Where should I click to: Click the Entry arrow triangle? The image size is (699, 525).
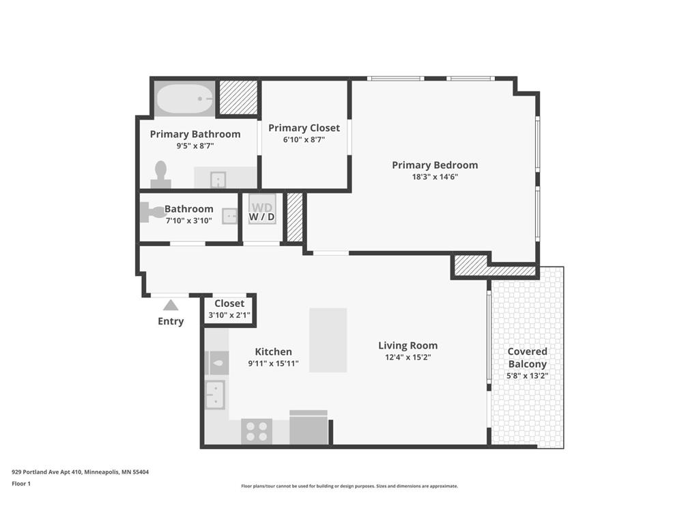coord(171,306)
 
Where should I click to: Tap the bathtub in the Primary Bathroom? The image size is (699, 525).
coord(184,99)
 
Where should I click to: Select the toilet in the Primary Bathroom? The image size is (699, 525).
coord(161,174)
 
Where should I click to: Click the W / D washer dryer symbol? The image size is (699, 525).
coord(261,210)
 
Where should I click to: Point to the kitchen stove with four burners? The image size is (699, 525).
coord(257,431)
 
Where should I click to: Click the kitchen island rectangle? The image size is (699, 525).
coord(328,340)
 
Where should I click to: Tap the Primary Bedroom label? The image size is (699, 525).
coord(435,165)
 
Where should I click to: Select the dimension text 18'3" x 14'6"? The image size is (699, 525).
coord(435,177)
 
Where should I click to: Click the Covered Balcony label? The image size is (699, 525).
coord(527,358)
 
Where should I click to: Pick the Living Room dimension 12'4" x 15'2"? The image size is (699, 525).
coord(408,357)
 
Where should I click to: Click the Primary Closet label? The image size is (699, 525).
coord(304,128)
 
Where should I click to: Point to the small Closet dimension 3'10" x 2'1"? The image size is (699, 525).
coord(229,316)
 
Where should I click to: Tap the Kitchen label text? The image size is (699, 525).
coord(273,351)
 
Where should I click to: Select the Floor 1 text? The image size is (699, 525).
coord(21,483)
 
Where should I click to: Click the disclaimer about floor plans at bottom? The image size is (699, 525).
coord(349,486)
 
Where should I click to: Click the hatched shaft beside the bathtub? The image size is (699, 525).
coord(238,98)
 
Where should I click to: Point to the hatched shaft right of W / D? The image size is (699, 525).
coord(294,217)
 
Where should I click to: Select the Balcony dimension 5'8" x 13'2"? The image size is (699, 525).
coord(527,375)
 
